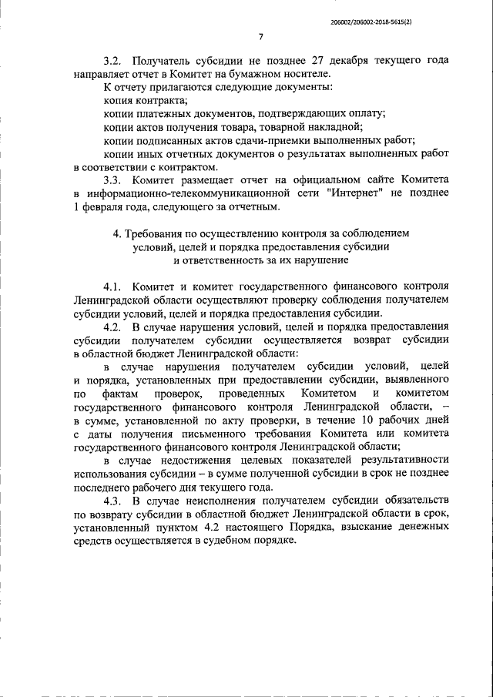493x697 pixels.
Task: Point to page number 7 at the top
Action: pos(261,37)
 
